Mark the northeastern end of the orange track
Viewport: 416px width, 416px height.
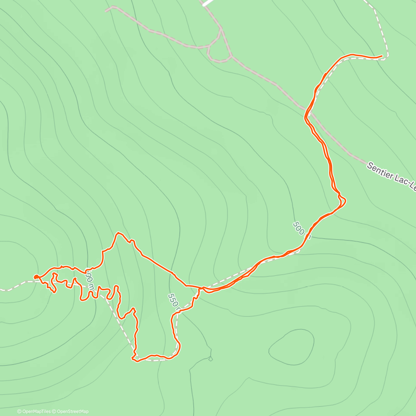[382, 55]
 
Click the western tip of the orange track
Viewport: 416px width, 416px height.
[35, 277]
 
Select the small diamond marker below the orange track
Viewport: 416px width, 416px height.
[210, 359]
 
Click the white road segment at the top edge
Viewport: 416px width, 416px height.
[207, 3]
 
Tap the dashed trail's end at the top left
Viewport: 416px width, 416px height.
[106, 11]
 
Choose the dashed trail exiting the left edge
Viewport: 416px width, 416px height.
[3, 289]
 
